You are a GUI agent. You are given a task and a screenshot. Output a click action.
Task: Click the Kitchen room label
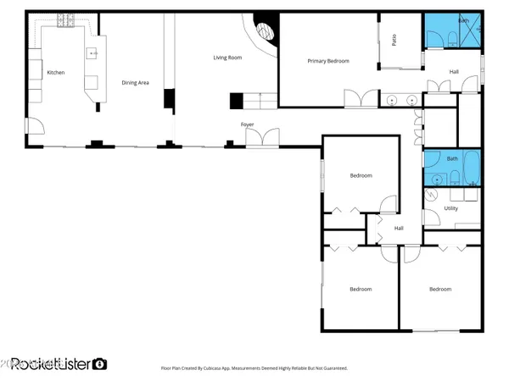(56, 73)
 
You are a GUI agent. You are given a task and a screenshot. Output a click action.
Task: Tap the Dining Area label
(136, 82)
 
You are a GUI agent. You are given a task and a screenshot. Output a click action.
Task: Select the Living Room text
(227, 58)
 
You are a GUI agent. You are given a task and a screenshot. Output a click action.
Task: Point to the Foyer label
(248, 124)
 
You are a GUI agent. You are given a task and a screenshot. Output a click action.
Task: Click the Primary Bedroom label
(328, 61)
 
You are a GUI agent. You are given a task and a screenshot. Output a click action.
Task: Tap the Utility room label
(451, 207)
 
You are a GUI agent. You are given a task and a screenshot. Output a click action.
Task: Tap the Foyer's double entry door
(268, 136)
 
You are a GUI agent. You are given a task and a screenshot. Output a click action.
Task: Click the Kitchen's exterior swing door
(35, 127)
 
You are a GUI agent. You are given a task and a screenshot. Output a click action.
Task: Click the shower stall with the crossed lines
(469, 31)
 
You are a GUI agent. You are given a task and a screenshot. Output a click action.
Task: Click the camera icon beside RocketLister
(100, 363)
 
